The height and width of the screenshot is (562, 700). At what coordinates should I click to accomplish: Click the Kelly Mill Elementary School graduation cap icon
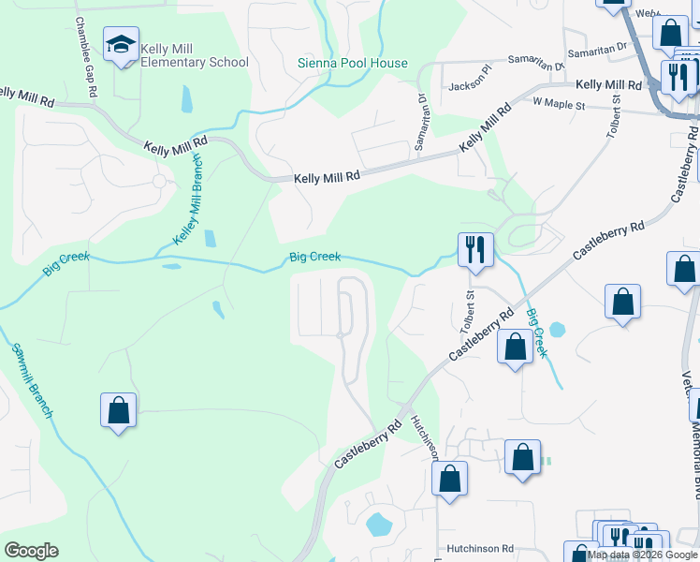(122, 44)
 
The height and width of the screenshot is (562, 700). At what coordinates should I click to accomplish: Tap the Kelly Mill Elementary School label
(195, 55)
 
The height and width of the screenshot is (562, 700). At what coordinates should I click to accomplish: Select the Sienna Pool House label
(353, 64)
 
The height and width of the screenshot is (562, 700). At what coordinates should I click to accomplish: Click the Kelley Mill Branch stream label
(190, 200)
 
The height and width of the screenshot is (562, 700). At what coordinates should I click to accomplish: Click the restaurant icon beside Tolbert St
(474, 249)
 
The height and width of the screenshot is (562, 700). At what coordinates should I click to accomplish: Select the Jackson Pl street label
(469, 83)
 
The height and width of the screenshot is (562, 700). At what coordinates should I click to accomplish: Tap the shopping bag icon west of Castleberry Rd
(118, 409)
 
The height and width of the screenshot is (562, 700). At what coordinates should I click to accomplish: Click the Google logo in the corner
(31, 550)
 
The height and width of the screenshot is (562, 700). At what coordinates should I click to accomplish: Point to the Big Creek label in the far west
(66, 264)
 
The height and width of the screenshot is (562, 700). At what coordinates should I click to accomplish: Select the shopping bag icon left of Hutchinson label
(449, 478)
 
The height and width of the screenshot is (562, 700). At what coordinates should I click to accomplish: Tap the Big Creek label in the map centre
(314, 257)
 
